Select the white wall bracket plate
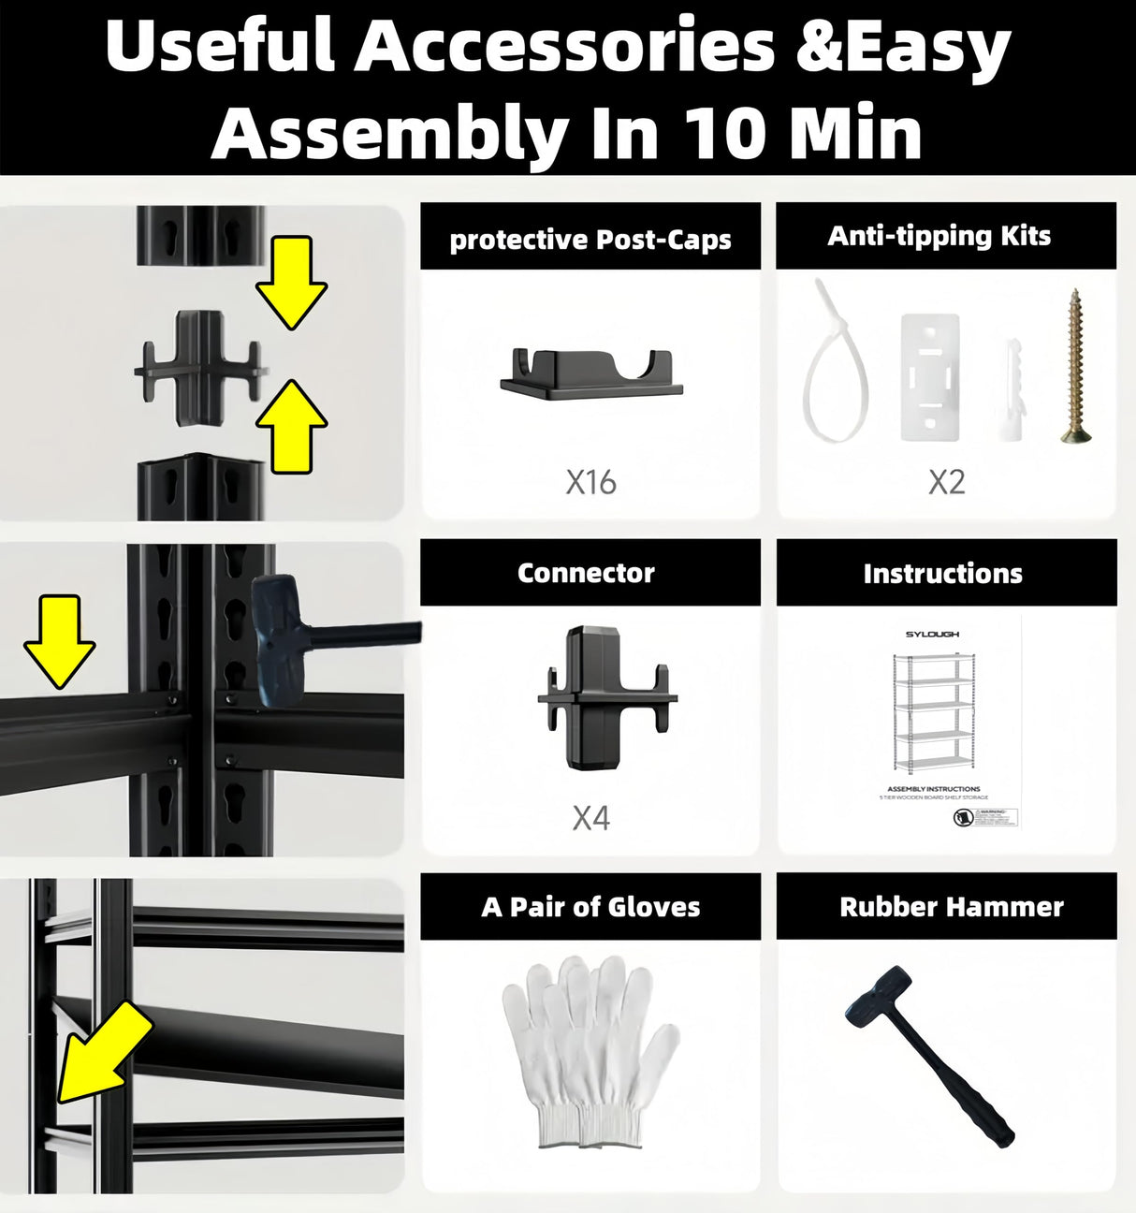[x=930, y=376]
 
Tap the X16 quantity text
[x=590, y=482]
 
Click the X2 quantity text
[x=946, y=482]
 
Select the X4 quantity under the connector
[x=590, y=818]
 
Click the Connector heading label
[x=586, y=573]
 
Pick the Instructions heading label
[x=942, y=574]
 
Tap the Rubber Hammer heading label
[x=951, y=907]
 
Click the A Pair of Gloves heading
[x=590, y=907]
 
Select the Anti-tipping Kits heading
[x=939, y=236]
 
